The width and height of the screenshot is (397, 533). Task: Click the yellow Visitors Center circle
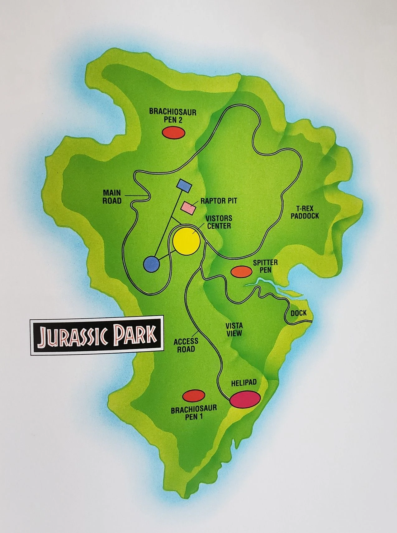(x=186, y=241)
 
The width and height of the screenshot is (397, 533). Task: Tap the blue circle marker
(x=151, y=264)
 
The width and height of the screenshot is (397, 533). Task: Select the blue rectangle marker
(x=184, y=186)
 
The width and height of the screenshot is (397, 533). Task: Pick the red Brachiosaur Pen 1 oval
(x=193, y=396)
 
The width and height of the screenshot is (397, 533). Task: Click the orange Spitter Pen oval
(x=241, y=271)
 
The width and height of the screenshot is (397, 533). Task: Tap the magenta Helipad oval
(x=245, y=399)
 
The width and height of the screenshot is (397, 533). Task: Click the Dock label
(x=299, y=313)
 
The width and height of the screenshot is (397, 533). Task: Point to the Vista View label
(x=234, y=330)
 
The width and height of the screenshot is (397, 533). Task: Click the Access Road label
(x=186, y=345)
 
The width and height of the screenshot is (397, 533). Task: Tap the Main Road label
(x=112, y=197)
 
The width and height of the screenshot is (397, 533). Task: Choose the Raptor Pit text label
(x=219, y=201)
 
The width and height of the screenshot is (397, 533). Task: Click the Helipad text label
(x=244, y=383)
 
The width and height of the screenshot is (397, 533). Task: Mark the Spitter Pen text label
(x=265, y=266)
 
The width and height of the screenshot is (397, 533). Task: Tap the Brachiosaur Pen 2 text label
(x=173, y=115)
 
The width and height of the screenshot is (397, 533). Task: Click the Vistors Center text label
(x=219, y=222)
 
